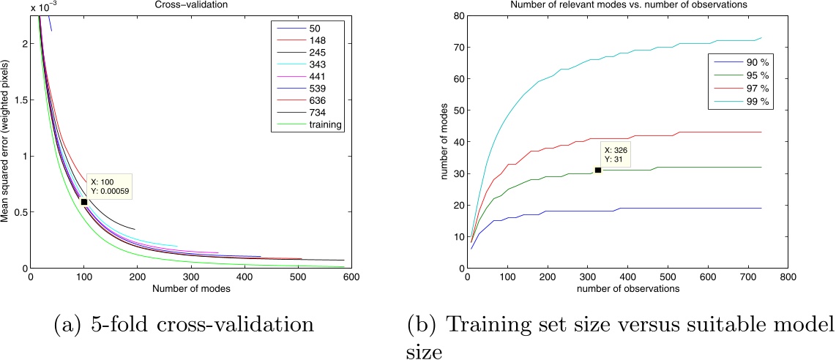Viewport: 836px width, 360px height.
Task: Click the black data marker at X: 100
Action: pyautogui.click(x=84, y=202)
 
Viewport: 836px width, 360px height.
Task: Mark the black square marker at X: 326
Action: pyautogui.click(x=598, y=170)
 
